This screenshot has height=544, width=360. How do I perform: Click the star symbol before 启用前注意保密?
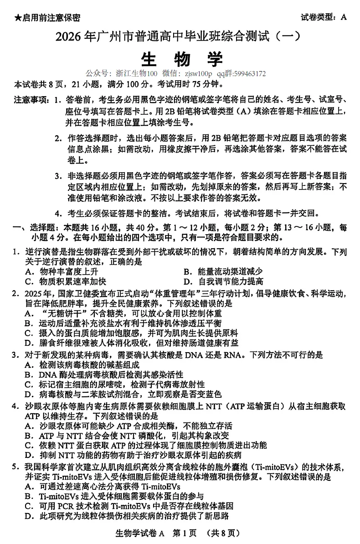(x=17, y=18)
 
